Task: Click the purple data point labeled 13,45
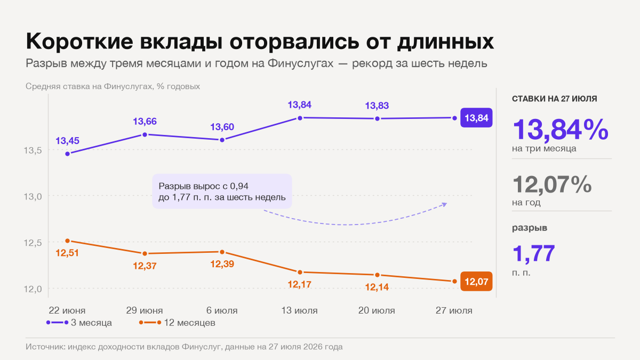[67, 154]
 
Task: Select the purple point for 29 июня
[145, 134]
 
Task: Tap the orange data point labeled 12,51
[67, 241]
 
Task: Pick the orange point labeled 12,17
[300, 273]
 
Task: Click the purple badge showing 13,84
[476, 118]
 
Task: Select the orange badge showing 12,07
[476, 282]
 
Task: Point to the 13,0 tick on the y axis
[33, 197]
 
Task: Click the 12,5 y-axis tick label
[33, 243]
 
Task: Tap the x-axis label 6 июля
[222, 310]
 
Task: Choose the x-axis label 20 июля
[377, 310]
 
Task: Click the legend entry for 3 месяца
[79, 323]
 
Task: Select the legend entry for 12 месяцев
[177, 323]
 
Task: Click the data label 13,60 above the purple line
[222, 126]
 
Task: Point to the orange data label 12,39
[222, 263]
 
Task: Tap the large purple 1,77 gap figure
[534, 253]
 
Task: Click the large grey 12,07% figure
[552, 185]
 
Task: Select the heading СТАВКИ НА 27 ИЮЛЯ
[554, 99]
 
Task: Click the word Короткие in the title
[79, 42]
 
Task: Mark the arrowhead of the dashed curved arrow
[445, 204]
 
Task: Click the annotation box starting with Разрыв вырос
[222, 191]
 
